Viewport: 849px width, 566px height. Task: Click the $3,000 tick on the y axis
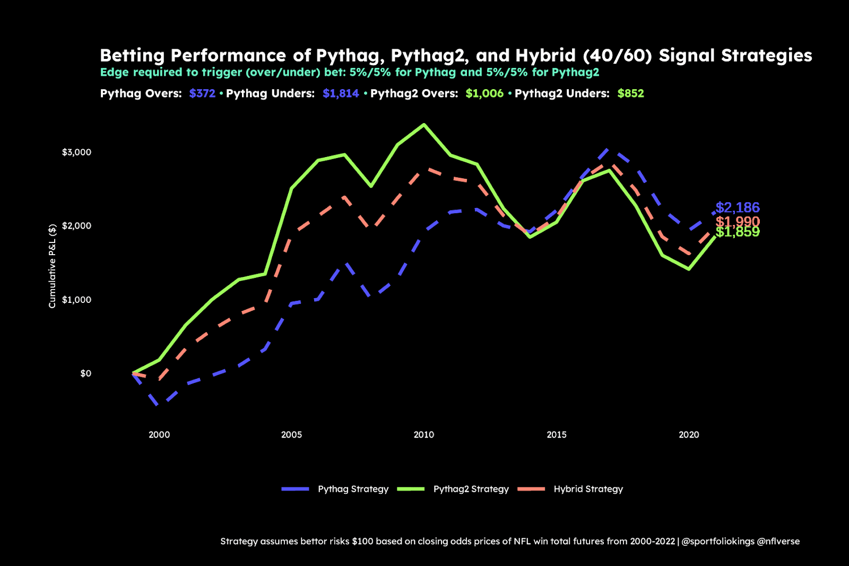(x=76, y=152)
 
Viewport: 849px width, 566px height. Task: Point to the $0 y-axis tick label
(x=85, y=373)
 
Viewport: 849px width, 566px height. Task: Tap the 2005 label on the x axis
(x=291, y=435)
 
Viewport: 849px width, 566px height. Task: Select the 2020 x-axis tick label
(x=689, y=435)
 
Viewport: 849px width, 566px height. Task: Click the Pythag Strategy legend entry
(x=353, y=489)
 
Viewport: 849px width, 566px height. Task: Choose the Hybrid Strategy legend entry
(x=588, y=489)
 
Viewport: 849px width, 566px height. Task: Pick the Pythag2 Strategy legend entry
(x=471, y=489)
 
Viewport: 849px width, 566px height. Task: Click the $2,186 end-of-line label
(x=737, y=207)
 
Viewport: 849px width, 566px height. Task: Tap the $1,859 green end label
(x=737, y=232)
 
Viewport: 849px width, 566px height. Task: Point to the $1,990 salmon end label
(x=737, y=221)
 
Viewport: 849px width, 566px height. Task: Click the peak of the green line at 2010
(x=423, y=125)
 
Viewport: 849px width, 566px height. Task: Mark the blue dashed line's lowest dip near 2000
(x=159, y=405)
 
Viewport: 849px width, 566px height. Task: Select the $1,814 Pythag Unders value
(x=341, y=94)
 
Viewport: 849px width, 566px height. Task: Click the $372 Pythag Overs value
(x=202, y=94)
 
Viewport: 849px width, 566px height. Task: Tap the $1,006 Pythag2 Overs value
(x=484, y=94)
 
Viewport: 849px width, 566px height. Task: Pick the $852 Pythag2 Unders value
(x=630, y=94)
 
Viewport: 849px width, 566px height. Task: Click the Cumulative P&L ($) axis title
(x=52, y=266)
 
